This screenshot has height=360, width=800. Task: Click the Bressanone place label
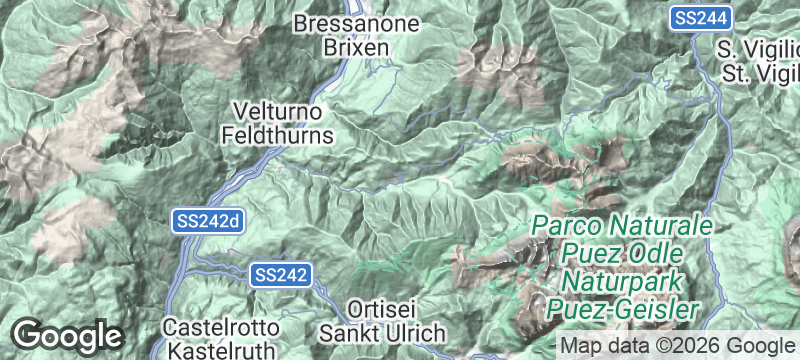347,22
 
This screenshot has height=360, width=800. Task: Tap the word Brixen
347,46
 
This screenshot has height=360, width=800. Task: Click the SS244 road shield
702,18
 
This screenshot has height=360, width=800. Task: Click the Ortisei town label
380,307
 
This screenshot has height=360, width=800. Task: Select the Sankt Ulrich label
380,331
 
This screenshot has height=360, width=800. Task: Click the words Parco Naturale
621,225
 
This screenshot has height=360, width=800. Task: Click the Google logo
67,336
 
